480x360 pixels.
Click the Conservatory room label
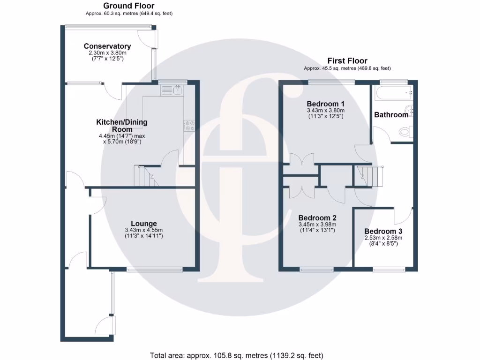point(107,46)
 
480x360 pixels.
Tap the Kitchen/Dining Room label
point(122,126)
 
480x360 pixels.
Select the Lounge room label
point(144,224)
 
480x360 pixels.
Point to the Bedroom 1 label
point(326,104)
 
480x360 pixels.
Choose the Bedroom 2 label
point(317,217)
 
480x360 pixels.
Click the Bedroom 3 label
point(383,231)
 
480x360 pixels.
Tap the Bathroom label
point(391,114)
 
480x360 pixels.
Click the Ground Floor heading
point(129,6)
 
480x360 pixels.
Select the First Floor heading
point(347,60)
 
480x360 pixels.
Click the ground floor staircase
point(146,176)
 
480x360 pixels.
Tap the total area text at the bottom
point(237,355)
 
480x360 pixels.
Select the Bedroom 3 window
point(389,270)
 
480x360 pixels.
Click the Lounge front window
point(154,270)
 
